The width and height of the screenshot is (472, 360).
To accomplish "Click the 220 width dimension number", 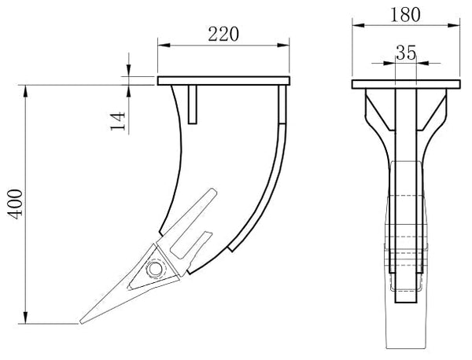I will [223, 33].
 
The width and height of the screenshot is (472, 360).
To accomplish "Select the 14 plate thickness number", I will [118, 119].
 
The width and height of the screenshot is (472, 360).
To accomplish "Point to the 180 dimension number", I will [404, 14].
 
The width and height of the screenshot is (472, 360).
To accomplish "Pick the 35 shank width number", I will [405, 53].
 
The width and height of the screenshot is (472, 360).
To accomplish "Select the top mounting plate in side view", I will [224, 80].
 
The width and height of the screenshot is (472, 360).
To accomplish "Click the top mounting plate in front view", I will [405, 85].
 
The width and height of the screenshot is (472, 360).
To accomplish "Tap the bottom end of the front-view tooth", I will [404, 346].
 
